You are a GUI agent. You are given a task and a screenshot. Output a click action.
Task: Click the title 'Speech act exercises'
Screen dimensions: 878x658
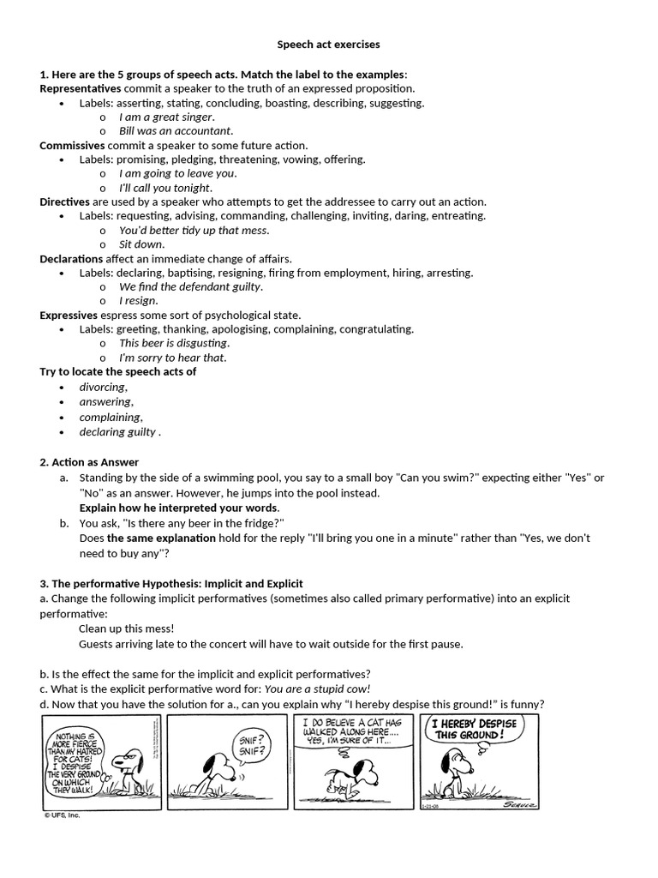(x=328, y=44)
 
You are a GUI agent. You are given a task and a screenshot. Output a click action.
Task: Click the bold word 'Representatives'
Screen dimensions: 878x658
(x=81, y=88)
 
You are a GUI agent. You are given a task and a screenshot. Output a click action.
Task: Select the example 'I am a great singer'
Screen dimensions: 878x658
(x=166, y=117)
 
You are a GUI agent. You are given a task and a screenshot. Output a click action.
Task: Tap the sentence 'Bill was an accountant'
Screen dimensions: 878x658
(x=176, y=131)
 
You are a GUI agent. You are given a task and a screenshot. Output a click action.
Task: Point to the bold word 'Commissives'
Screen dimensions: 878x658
(x=73, y=145)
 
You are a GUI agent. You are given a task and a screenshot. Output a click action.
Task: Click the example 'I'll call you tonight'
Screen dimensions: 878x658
(x=164, y=188)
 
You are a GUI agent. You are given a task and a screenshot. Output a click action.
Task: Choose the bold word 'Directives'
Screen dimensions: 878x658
(x=64, y=201)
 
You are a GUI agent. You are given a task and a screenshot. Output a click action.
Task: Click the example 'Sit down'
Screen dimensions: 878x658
(x=141, y=244)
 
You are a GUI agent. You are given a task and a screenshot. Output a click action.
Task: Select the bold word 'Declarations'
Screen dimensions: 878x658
(x=71, y=258)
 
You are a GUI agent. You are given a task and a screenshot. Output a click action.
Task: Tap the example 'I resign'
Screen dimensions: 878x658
(x=138, y=301)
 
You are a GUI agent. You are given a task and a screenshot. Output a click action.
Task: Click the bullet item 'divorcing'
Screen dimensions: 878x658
(x=103, y=387)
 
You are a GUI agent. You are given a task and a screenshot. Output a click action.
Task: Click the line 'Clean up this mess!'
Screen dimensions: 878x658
(x=126, y=628)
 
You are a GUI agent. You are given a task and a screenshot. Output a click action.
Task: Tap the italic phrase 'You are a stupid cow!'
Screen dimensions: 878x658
(x=317, y=689)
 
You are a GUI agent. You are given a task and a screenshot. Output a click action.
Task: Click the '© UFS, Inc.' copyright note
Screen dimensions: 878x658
(x=63, y=815)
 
